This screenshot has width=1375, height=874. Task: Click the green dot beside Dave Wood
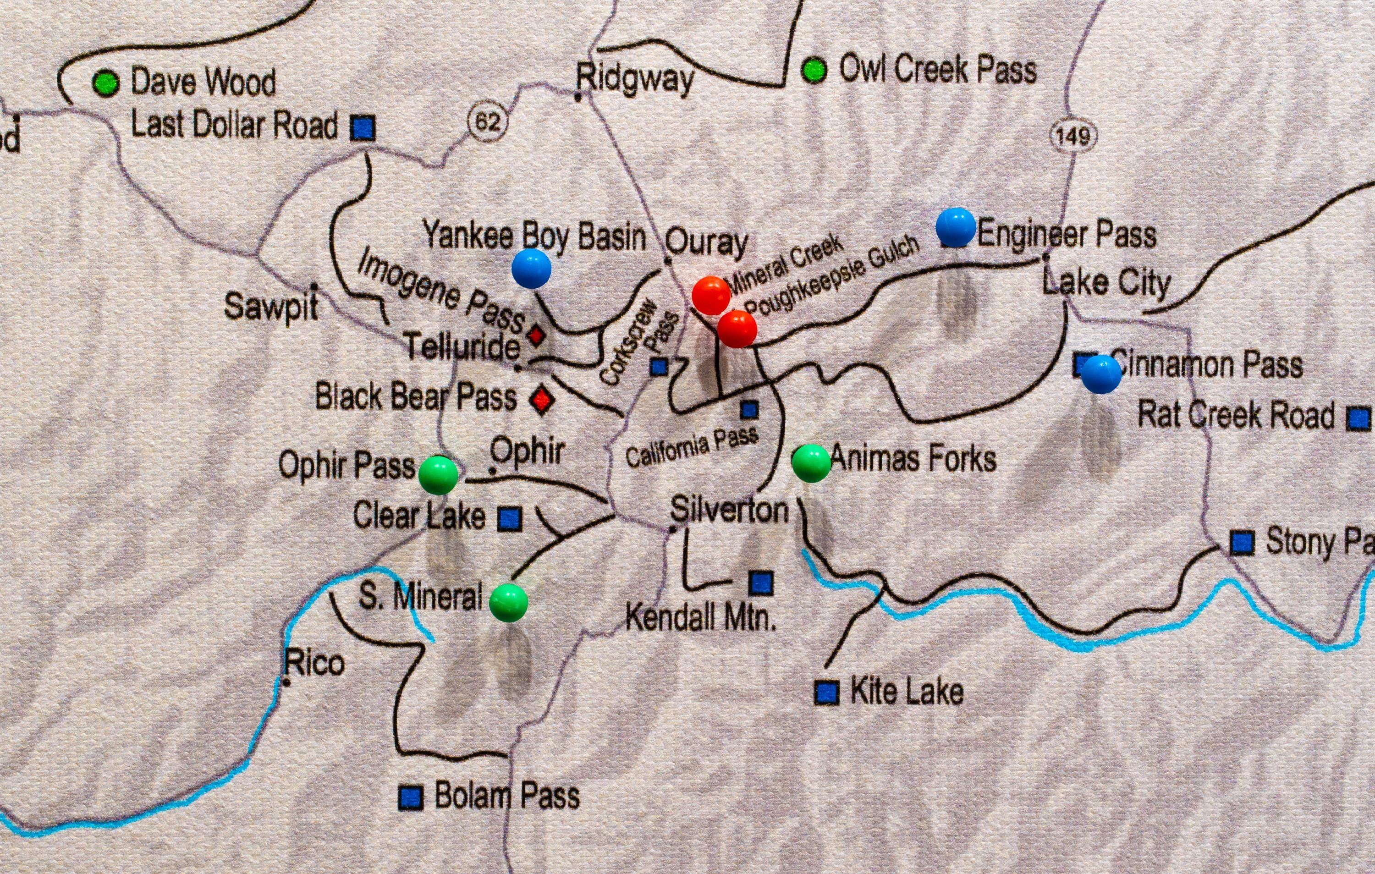[x=105, y=83]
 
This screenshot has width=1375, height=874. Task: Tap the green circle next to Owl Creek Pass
[x=814, y=70]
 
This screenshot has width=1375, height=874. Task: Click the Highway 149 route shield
[x=1073, y=136]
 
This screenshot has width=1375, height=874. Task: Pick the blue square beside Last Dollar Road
[x=363, y=128]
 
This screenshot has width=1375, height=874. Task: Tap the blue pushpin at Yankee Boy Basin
[x=532, y=268]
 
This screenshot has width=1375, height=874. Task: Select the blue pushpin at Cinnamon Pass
[x=1101, y=374]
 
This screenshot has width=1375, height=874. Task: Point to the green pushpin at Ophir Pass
[x=439, y=474]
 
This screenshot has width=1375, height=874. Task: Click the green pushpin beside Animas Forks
[x=811, y=463]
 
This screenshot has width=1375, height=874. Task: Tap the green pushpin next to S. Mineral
[x=509, y=602]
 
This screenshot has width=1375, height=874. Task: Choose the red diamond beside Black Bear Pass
[x=541, y=399]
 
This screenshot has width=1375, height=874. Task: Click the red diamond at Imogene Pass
[x=536, y=335]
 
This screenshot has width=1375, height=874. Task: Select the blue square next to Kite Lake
[x=826, y=693]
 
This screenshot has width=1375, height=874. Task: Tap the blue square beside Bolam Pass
[x=411, y=797]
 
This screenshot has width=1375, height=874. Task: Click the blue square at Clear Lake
[x=510, y=519]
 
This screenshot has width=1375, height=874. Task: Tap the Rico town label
[x=314, y=663]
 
